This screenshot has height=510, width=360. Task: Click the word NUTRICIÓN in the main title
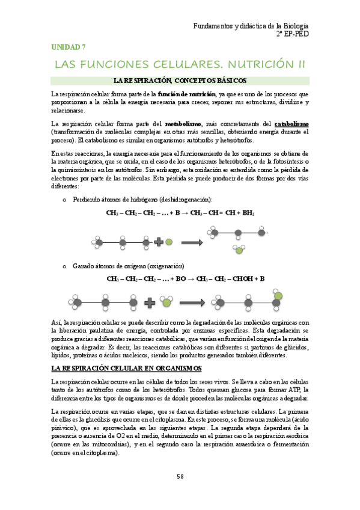click(253, 64)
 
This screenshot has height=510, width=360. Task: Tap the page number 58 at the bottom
click(180, 476)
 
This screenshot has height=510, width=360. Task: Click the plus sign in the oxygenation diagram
click(150, 301)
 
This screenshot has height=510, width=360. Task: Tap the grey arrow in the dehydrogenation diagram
click(191, 242)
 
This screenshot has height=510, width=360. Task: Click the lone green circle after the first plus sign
click(169, 242)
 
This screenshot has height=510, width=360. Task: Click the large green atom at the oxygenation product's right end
click(278, 295)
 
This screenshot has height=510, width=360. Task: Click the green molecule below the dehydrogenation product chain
click(239, 250)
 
